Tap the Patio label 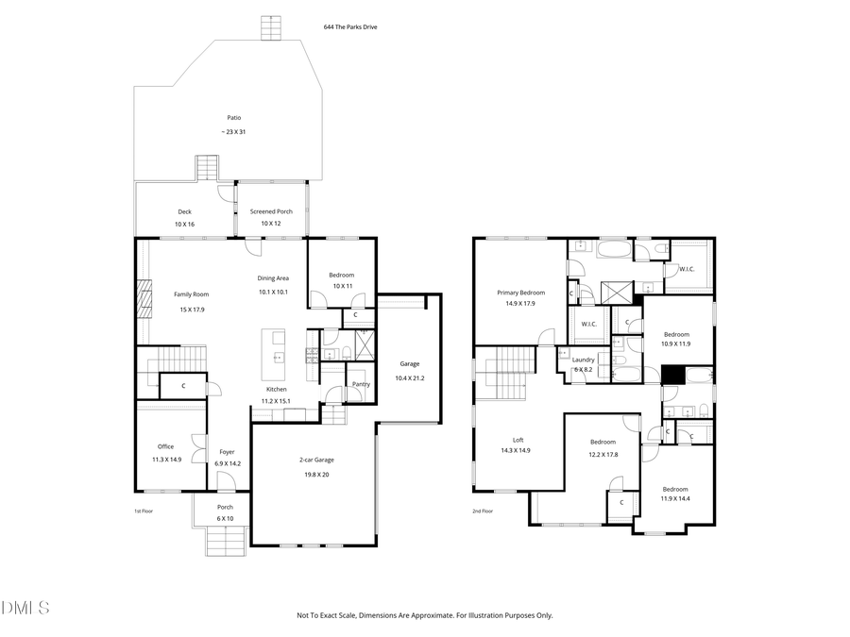(x=233, y=118)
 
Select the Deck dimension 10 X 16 (x=184, y=224)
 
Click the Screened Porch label (x=271, y=211)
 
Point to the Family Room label (x=190, y=294)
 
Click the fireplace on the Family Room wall (x=143, y=300)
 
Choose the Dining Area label (x=273, y=278)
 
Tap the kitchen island (x=278, y=345)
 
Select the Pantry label (x=360, y=384)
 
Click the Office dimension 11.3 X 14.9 (x=166, y=459)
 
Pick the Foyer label (x=227, y=451)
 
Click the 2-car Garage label (x=316, y=460)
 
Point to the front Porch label (x=225, y=507)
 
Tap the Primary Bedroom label (x=520, y=293)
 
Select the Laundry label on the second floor (x=583, y=360)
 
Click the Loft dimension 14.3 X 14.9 (x=517, y=451)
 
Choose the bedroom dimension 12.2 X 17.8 (x=603, y=454)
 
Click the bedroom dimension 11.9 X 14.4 (x=674, y=498)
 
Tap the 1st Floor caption (x=143, y=511)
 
